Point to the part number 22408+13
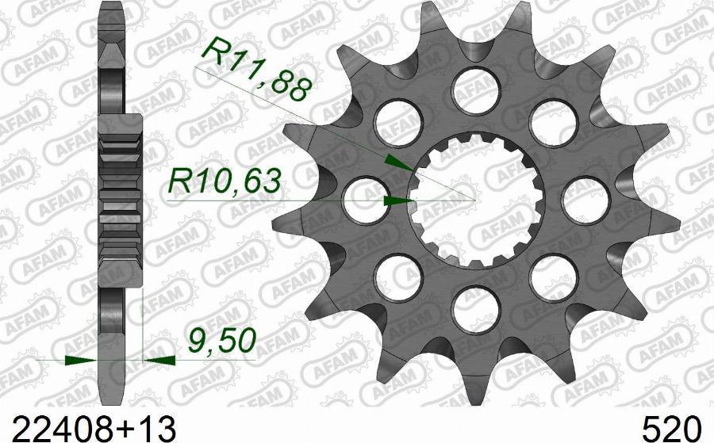(x=94, y=428)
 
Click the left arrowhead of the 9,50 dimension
(x=82, y=361)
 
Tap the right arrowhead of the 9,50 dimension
(x=159, y=361)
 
